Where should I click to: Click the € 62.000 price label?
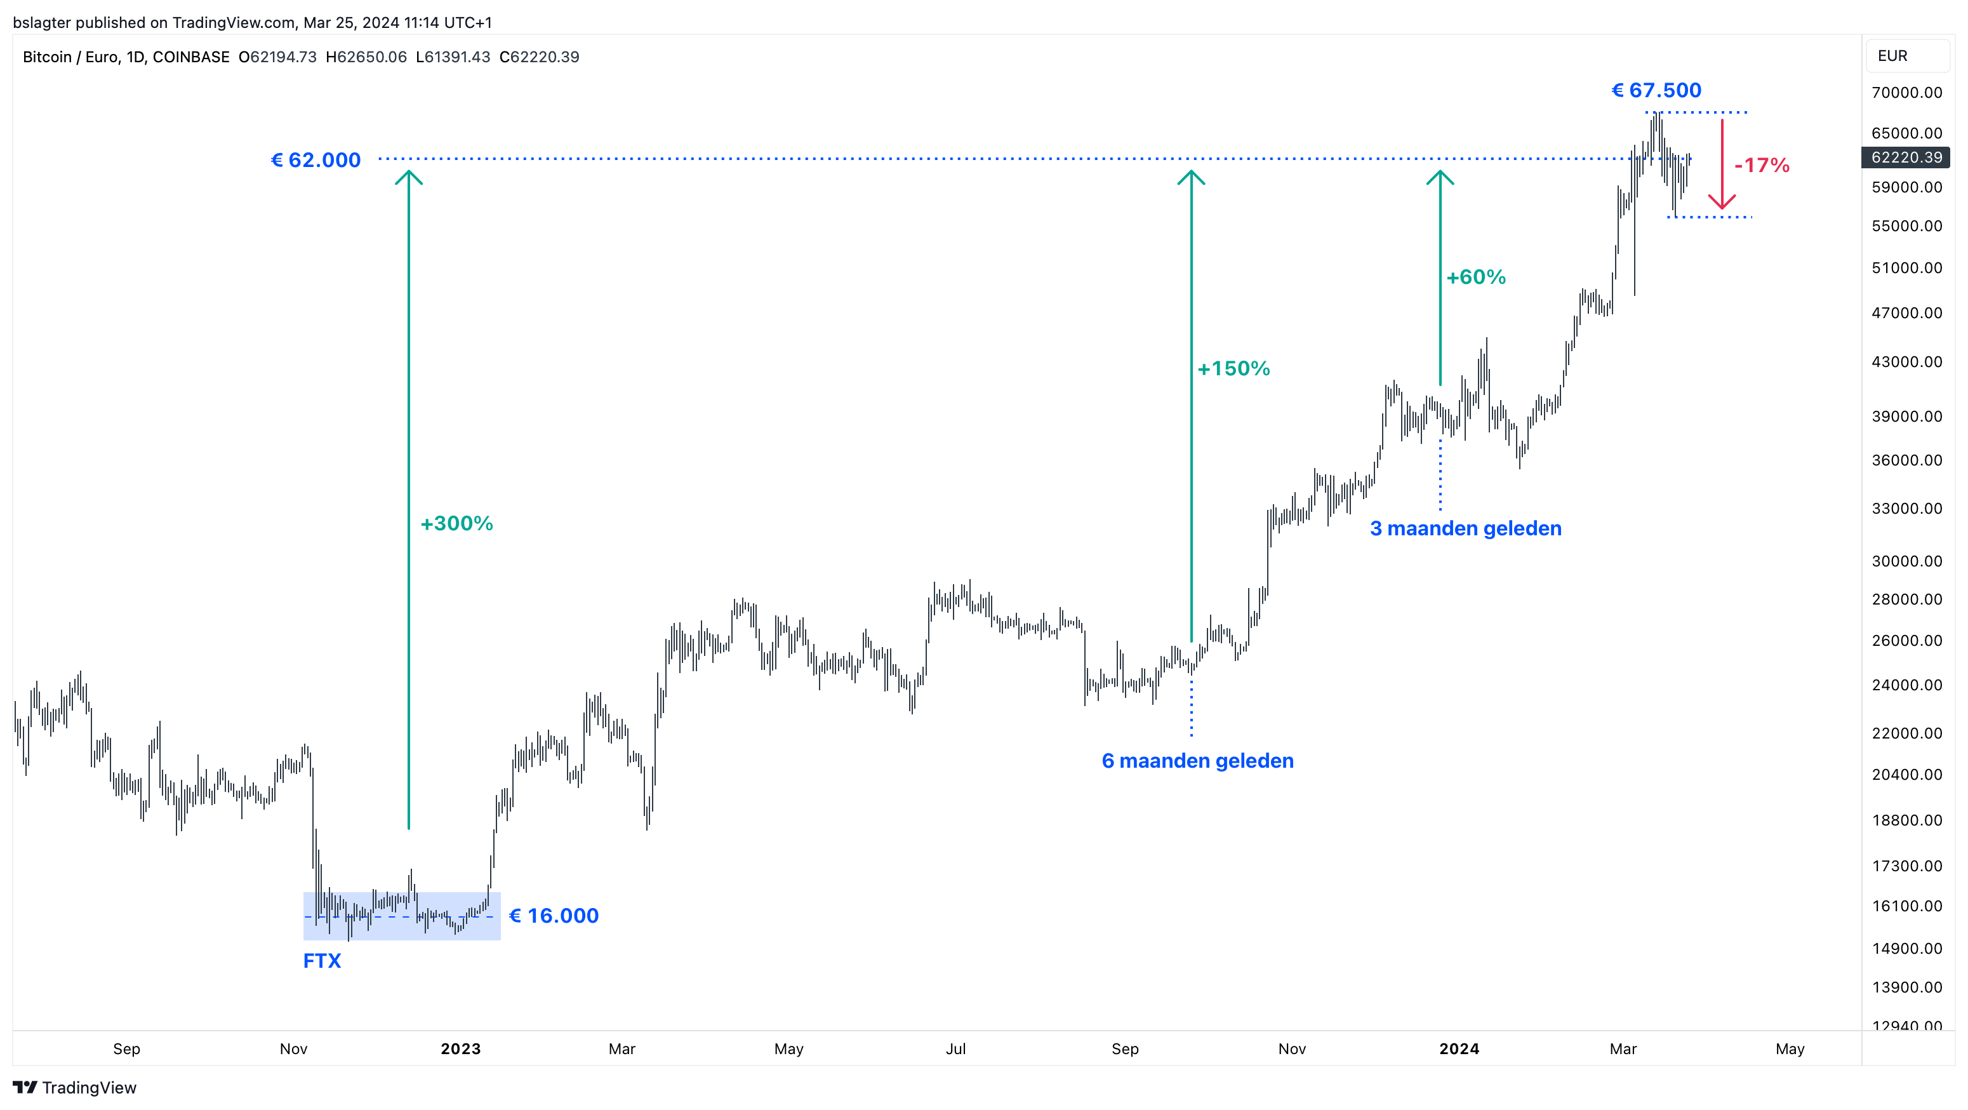(316, 161)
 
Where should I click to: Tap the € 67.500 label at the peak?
(1656, 91)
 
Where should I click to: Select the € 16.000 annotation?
(554, 915)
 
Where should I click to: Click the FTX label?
(322, 960)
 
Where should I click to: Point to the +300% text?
(457, 523)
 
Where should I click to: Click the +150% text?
(1234, 369)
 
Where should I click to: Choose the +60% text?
(1476, 277)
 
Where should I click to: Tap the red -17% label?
(1762, 166)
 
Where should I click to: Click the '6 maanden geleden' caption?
(1197, 761)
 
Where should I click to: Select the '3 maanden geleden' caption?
(1465, 528)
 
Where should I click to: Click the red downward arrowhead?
(1722, 203)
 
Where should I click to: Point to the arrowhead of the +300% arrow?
(409, 177)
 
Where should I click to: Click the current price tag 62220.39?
(1906, 157)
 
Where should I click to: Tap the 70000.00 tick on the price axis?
(1906, 93)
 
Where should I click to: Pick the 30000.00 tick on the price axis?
(1906, 561)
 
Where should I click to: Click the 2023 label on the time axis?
(461, 1049)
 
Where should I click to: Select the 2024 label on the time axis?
(1458, 1049)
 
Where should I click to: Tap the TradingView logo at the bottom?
(75, 1087)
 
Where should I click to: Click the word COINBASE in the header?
(191, 57)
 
